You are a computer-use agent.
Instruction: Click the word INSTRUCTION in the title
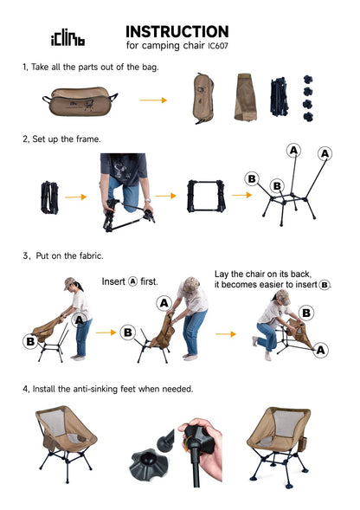177,32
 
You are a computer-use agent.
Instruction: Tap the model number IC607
218,46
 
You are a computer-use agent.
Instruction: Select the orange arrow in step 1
153,100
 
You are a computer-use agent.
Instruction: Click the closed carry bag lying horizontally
80,101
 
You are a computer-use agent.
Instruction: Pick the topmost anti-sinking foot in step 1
307,79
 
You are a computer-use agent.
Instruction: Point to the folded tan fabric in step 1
246,97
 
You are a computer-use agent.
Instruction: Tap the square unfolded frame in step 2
206,197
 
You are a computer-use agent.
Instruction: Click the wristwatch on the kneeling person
148,200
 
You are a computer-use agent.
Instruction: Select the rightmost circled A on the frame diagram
325,153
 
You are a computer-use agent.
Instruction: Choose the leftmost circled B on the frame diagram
252,179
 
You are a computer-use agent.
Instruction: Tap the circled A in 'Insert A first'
133,281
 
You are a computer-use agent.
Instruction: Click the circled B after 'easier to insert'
325,285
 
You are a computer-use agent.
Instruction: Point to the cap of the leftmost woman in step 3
69,282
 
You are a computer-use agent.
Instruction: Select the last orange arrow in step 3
226,334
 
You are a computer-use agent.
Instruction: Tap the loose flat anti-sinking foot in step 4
149,462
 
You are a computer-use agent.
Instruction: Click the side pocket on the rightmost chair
302,444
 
